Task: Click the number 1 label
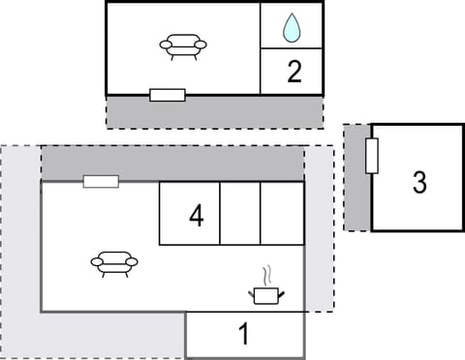[244, 335]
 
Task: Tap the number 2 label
[294, 71]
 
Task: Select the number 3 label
[418, 182]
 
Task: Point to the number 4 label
[196, 216]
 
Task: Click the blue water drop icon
[292, 28]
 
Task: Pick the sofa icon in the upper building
[183, 45]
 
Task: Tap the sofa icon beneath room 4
[114, 261]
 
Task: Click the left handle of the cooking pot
[253, 289]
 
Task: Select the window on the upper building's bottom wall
[168, 95]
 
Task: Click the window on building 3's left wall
[372, 156]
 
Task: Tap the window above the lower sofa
[101, 181]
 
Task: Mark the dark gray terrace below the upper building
[213, 111]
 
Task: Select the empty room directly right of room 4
[240, 213]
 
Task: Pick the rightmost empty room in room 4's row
[282, 213]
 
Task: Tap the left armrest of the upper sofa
[166, 44]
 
